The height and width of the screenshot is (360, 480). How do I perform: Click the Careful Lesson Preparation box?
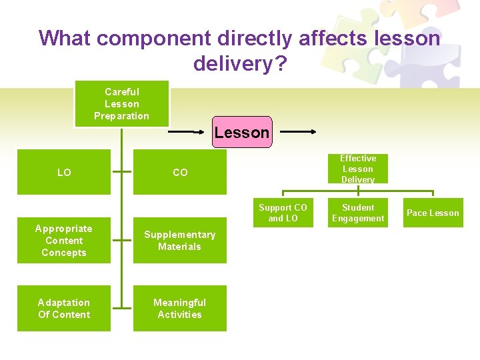tap(121, 103)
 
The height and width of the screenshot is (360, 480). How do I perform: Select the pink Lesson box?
tap(241, 132)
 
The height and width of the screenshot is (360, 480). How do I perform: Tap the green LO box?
tap(64, 172)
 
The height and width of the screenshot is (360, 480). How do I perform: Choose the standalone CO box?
tap(180, 172)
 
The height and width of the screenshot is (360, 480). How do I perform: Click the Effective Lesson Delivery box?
tap(358, 169)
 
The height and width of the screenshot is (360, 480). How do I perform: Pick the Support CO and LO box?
tap(283, 213)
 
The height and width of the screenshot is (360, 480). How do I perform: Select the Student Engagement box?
tap(358, 213)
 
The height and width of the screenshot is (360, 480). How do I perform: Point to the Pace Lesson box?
tap(433, 213)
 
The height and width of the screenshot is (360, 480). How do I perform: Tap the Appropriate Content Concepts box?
tap(64, 240)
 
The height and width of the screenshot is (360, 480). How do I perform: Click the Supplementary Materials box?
tap(180, 240)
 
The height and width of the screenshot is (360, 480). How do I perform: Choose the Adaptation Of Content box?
tap(64, 308)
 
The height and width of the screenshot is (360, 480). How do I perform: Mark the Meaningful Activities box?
tap(180, 308)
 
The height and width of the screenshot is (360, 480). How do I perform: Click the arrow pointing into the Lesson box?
tap(189, 132)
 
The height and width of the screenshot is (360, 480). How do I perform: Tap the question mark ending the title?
tap(281, 63)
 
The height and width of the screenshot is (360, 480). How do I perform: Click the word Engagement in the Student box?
tap(358, 219)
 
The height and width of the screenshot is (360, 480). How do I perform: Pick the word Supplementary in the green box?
tap(180, 235)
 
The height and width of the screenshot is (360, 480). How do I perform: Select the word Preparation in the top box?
tap(121, 116)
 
